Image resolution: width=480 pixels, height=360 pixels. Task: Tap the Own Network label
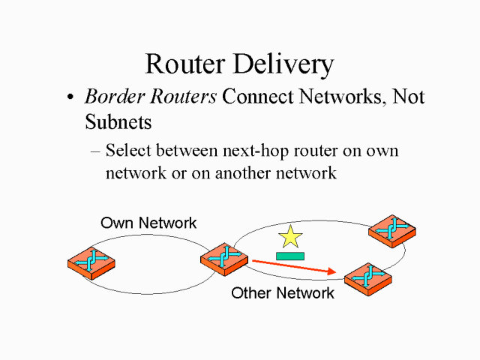point(148,223)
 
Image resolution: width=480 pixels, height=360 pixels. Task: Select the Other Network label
point(283,293)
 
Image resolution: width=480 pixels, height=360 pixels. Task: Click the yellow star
point(290,237)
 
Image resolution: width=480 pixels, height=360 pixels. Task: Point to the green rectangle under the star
point(289,256)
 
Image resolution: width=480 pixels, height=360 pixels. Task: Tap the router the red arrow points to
point(368,279)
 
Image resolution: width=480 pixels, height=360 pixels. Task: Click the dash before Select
point(95,151)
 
